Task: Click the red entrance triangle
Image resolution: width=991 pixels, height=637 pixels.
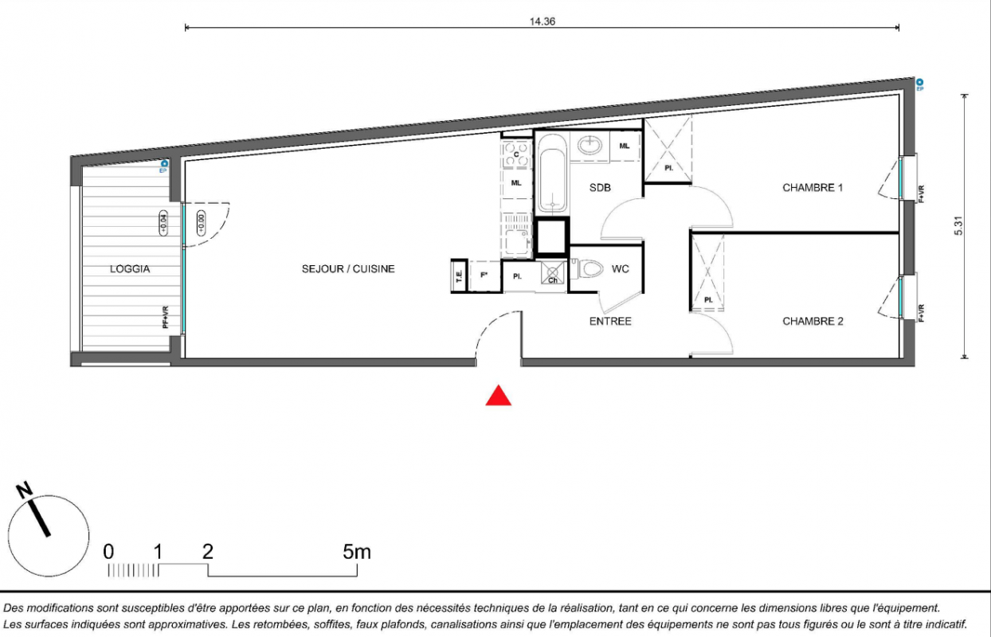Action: [x=499, y=396]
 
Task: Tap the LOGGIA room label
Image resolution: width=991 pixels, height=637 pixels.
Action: [x=130, y=269]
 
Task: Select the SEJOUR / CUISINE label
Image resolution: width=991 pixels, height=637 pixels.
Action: [x=348, y=269]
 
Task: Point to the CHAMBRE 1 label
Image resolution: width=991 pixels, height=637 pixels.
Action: [x=813, y=188]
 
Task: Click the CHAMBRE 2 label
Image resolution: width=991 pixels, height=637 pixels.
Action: [x=813, y=322]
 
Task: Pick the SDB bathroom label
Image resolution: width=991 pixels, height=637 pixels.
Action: [x=600, y=188]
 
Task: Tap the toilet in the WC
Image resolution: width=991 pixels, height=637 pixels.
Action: [x=590, y=269]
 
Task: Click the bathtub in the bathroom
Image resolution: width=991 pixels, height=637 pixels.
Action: [x=552, y=174]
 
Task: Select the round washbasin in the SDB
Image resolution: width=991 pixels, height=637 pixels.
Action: [x=590, y=145]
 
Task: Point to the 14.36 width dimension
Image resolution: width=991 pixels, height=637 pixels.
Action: [x=543, y=21]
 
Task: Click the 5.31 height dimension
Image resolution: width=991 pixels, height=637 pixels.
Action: [x=958, y=225]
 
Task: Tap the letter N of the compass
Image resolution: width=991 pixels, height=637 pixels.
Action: [x=24, y=490]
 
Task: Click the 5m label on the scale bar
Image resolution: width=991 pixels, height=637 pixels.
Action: [x=357, y=552]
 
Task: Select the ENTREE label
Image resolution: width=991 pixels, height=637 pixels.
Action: [x=610, y=322]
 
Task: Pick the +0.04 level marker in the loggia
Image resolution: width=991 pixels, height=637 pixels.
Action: [x=163, y=223]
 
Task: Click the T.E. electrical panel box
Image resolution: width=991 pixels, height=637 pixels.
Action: [x=459, y=276]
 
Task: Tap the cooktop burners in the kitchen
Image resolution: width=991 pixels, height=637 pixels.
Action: [x=516, y=154]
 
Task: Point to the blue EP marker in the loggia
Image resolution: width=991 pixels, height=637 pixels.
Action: [x=163, y=166]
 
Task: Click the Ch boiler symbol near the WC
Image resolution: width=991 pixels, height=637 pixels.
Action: [x=553, y=272]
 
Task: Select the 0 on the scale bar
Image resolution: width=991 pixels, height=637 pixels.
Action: [x=108, y=552]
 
